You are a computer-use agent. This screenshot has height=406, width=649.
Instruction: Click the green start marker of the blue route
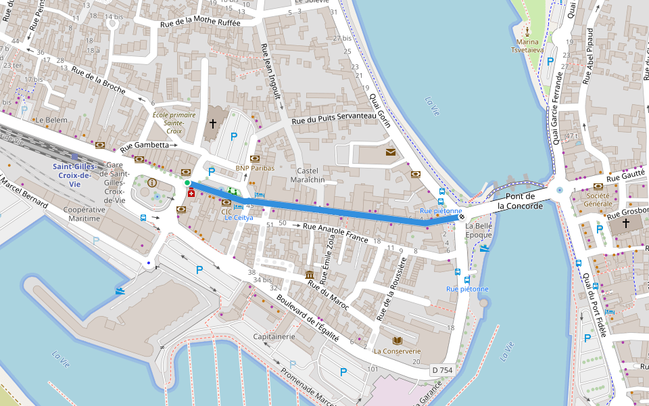click(x=187, y=183)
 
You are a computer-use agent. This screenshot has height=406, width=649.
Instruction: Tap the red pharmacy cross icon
click(x=191, y=194)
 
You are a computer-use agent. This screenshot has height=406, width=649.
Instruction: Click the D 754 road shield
click(x=442, y=370)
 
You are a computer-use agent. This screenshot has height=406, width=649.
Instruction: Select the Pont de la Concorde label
click(x=520, y=201)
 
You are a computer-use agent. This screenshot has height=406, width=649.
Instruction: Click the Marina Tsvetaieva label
click(x=528, y=45)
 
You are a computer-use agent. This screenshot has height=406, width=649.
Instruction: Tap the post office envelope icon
click(x=391, y=152)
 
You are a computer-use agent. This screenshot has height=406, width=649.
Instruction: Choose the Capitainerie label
click(x=274, y=336)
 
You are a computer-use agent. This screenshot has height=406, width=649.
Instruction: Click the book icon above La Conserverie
click(x=397, y=340)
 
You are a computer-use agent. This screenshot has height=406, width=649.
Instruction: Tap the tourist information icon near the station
click(x=152, y=182)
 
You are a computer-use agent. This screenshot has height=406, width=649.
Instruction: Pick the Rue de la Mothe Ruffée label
click(x=200, y=23)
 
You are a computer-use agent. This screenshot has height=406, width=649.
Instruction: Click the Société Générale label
click(x=598, y=199)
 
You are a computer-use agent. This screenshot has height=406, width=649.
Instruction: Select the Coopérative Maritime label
click(x=88, y=215)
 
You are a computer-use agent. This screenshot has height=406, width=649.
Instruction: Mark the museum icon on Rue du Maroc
click(x=310, y=274)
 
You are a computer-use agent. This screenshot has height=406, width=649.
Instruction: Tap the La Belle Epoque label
click(x=479, y=230)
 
